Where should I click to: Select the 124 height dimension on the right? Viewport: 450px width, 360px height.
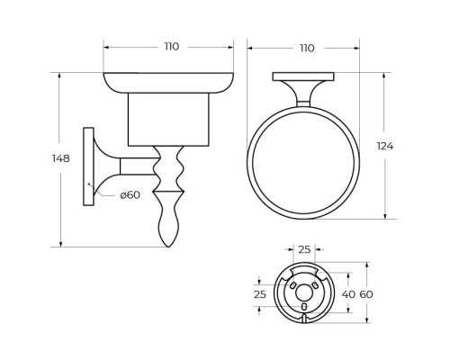[x=386, y=146]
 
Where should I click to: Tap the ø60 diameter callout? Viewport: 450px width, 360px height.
[x=130, y=195]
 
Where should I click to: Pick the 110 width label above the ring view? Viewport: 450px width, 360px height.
[x=305, y=47]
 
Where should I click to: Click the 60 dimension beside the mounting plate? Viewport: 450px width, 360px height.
[x=366, y=293]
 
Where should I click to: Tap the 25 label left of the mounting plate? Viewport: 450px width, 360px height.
[x=260, y=293]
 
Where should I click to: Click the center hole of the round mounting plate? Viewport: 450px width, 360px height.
[x=304, y=292]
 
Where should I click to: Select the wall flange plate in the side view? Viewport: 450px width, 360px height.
[x=88, y=166]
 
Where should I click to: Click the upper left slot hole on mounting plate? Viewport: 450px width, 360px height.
[x=292, y=284]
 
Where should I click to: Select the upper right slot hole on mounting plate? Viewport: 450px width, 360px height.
[x=317, y=284]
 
